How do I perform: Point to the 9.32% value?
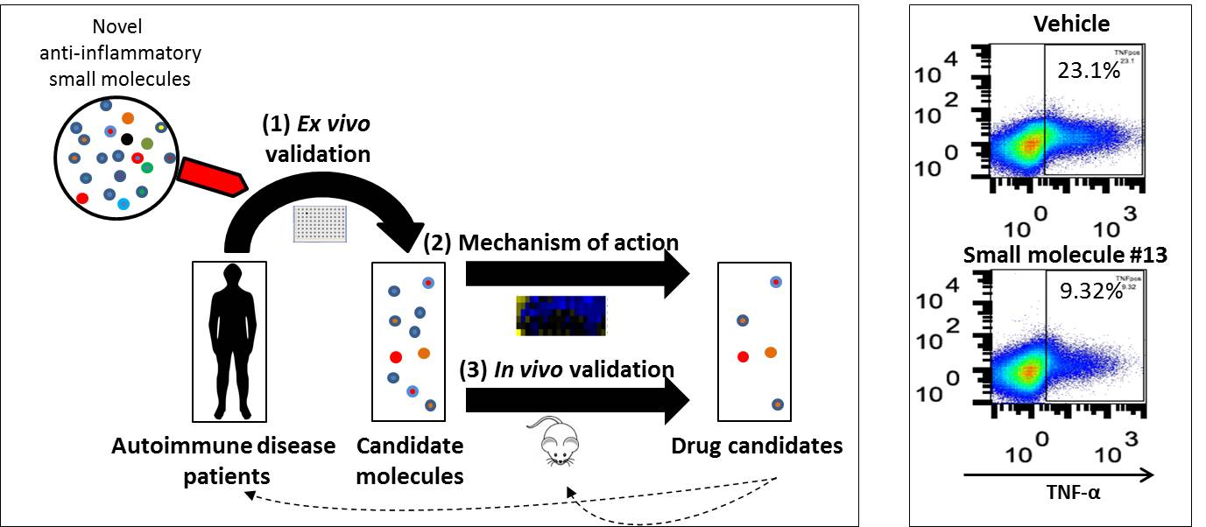pos(1090,292)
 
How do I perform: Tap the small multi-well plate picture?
pos(321,224)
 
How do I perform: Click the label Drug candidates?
pos(757,446)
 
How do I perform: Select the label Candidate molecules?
pos(410,460)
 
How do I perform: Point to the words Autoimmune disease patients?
pos(223,460)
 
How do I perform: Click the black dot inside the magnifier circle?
pos(127,139)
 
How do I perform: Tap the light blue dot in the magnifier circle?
pos(123,204)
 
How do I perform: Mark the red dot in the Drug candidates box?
pos(743,356)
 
